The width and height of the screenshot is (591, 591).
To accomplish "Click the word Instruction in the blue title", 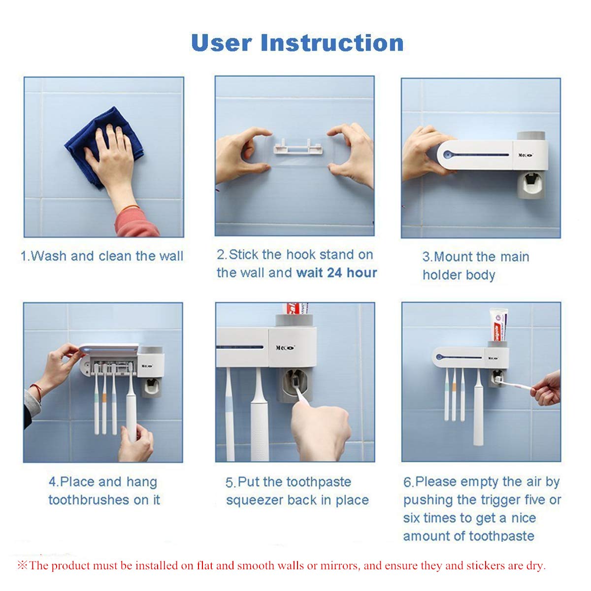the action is tap(332, 43).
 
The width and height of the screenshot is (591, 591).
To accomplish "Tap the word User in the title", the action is tap(222, 43).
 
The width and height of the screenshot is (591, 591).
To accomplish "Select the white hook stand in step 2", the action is tap(297, 147).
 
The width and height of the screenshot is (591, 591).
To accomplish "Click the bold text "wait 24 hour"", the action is tap(336, 273).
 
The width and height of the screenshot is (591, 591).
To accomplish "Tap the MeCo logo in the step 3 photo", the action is tap(525, 155).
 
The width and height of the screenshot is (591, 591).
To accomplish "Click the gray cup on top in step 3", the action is tap(531, 136).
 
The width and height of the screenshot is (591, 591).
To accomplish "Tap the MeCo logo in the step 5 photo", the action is tap(285, 347).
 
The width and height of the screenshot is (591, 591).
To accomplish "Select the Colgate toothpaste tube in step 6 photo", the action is tap(498, 325).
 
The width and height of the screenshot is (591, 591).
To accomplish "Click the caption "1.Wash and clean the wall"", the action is tap(102, 256).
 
